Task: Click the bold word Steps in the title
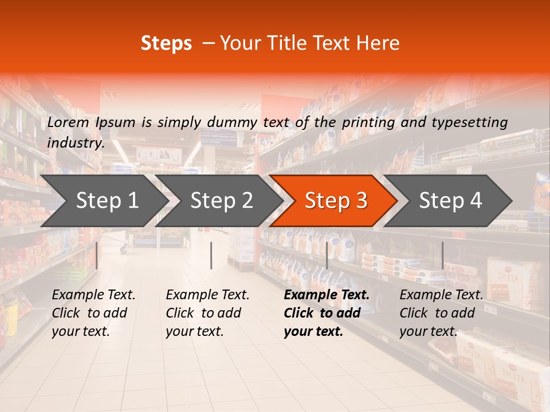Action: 166,43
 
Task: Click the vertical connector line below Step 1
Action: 97,255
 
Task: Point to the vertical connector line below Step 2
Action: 211,255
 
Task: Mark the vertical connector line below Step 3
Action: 327,255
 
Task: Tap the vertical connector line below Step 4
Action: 442,255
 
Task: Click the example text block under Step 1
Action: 93,313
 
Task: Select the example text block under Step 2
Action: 207,313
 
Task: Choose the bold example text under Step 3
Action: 327,313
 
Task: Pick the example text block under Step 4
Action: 441,313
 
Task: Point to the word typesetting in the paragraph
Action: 469,122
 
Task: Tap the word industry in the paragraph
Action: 75,143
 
